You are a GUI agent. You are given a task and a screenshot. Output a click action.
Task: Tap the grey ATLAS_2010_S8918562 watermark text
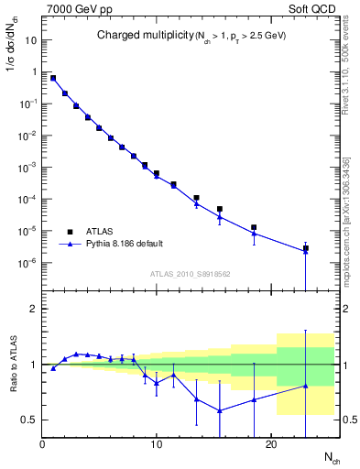coord(188,274)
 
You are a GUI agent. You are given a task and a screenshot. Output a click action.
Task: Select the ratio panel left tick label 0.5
coord(29,420)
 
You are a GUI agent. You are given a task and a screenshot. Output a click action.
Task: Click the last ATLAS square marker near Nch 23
coord(305,248)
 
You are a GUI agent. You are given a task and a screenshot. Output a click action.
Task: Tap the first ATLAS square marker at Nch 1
coord(53,78)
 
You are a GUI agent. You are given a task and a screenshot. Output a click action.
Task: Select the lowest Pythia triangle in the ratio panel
coord(219,410)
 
